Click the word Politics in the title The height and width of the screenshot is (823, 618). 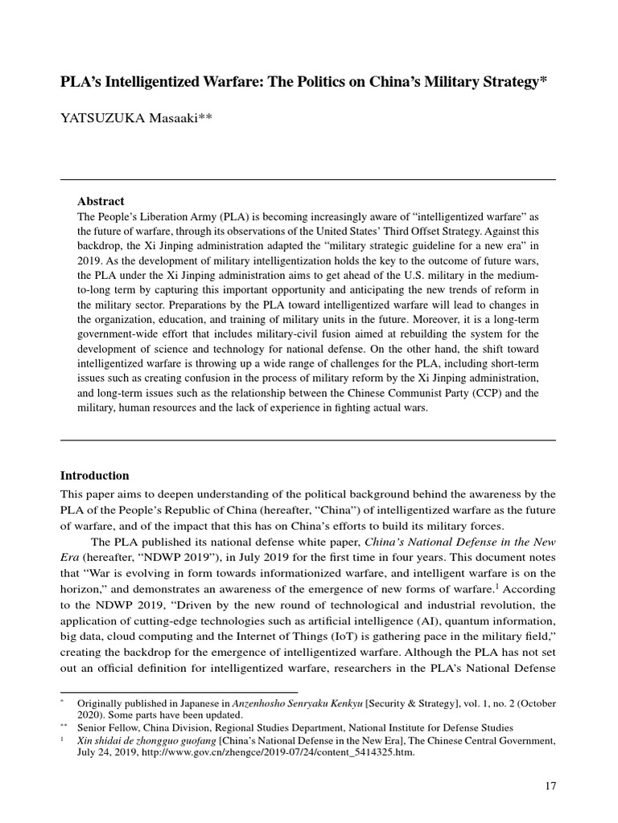(x=321, y=84)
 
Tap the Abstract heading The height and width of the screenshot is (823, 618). (x=101, y=201)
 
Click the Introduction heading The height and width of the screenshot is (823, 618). (x=95, y=475)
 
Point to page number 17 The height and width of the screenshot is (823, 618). (x=550, y=786)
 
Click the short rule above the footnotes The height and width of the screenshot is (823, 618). (x=179, y=691)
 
